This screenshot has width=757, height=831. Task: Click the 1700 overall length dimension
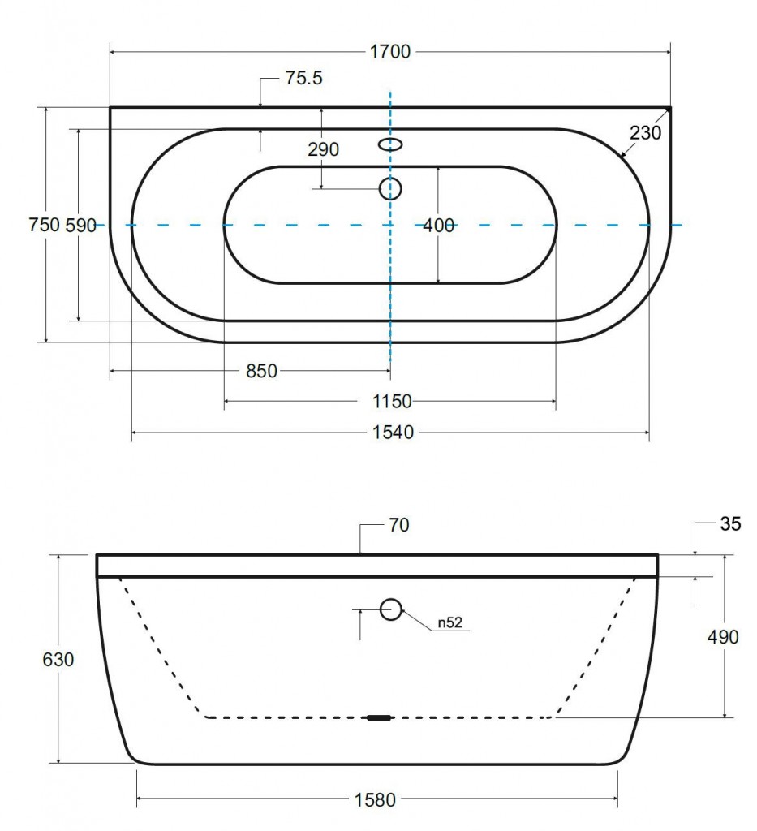(x=390, y=52)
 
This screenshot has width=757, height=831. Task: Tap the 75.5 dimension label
(x=303, y=79)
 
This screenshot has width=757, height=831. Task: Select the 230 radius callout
(x=645, y=132)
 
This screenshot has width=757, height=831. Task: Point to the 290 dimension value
(x=323, y=149)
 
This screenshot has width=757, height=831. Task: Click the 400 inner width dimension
(x=439, y=226)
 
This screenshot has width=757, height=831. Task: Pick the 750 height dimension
(x=44, y=225)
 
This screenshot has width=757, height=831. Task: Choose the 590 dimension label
(x=80, y=226)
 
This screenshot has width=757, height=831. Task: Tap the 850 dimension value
(x=262, y=371)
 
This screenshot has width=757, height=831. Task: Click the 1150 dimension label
(x=391, y=402)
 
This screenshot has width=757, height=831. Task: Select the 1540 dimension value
(x=393, y=433)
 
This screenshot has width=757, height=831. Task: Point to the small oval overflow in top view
(x=390, y=144)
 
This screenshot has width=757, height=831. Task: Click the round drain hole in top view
(x=390, y=188)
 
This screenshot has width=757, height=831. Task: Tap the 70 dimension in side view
(x=399, y=525)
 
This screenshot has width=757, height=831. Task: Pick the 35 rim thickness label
(x=730, y=524)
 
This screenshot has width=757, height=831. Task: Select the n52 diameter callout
(x=449, y=622)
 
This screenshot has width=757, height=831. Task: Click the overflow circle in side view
(x=391, y=609)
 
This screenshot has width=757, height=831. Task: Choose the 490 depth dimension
(x=723, y=636)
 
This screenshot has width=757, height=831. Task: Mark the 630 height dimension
(x=58, y=660)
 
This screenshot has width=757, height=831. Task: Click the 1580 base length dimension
(x=375, y=799)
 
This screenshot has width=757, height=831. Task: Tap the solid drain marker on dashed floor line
(x=380, y=717)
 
